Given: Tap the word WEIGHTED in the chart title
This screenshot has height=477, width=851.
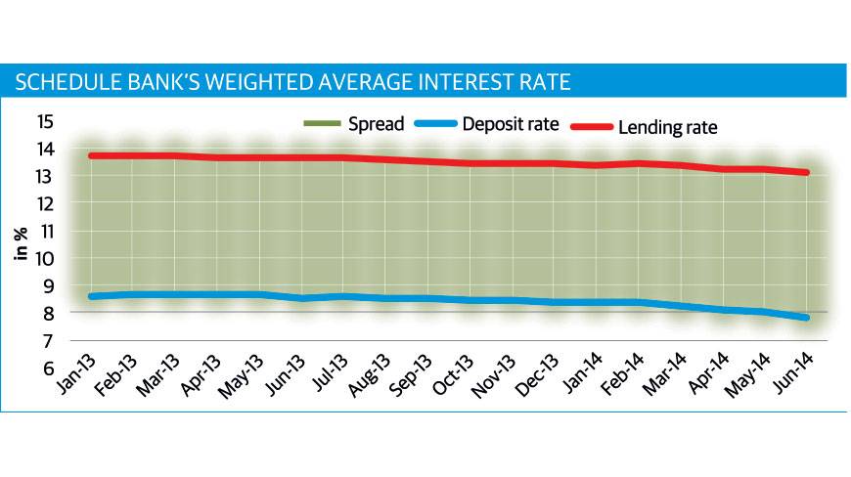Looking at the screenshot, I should (x=214, y=81).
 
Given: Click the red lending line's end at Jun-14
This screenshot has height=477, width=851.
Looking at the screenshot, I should (x=808, y=173).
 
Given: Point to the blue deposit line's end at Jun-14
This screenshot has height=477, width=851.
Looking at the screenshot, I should (x=807, y=317).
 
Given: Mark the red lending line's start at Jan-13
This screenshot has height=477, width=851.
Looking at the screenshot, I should (x=90, y=155).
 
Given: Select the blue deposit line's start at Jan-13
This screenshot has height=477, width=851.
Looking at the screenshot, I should (x=90, y=295).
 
